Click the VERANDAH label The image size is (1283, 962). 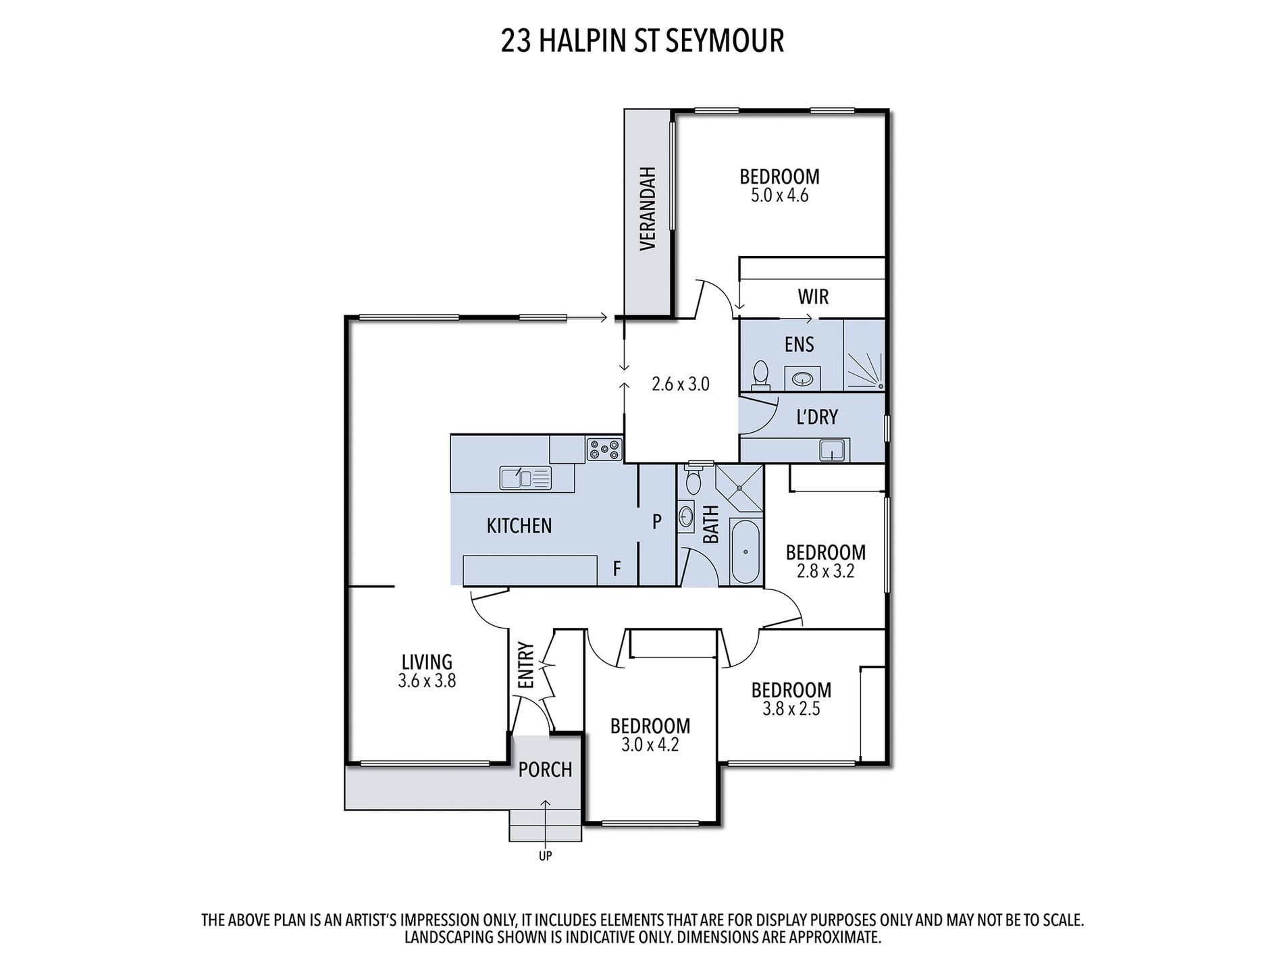(648, 209)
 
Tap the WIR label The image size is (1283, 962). (813, 296)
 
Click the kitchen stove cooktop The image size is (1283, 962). (604, 450)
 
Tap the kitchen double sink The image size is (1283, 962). (525, 477)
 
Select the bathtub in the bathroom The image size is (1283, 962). (745, 552)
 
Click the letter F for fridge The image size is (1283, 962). (617, 569)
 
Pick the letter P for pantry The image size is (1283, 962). (656, 521)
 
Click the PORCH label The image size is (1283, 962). (545, 770)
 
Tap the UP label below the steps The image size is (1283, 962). (545, 856)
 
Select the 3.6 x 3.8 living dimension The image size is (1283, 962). (427, 681)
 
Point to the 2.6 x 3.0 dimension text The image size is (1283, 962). (680, 384)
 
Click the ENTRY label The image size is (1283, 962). (527, 665)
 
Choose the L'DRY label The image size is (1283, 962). (817, 417)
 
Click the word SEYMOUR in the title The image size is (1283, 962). (725, 41)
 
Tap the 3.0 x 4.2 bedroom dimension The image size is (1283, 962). (650, 745)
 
